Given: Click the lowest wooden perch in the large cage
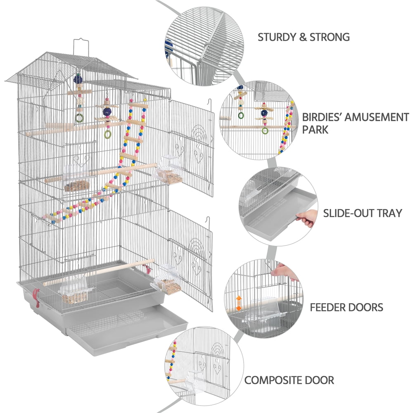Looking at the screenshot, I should (x=99, y=273).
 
